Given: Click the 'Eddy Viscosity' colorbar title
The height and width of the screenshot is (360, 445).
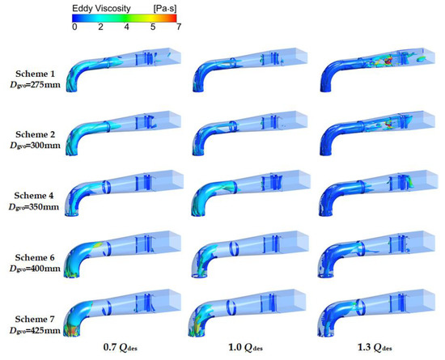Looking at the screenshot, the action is point(101,9).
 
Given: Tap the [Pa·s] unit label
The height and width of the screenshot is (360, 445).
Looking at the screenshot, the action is point(165,9).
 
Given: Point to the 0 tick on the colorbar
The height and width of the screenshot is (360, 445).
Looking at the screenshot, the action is point(74,27).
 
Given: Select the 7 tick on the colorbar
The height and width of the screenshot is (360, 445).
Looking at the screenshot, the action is point(179,27).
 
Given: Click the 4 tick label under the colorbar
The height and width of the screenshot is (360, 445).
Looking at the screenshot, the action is point(126,27).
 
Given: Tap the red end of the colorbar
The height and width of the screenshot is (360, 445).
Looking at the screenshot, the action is point(173,18).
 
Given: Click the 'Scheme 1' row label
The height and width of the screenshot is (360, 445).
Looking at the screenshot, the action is point(35,74).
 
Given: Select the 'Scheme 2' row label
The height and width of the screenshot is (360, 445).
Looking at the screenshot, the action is point(35,134).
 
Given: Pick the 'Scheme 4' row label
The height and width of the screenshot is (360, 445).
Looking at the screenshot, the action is point(34,196).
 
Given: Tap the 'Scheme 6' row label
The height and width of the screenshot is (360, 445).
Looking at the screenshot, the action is point(35,257).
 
